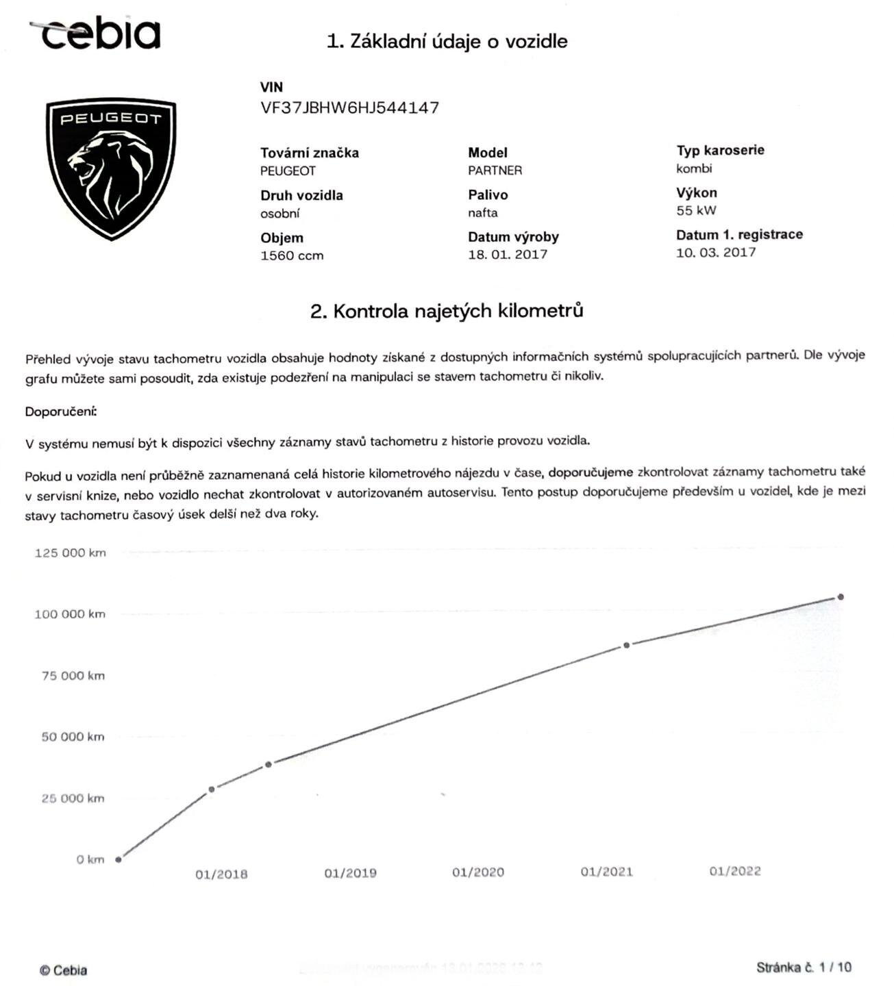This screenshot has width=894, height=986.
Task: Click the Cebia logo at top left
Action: click(x=96, y=33)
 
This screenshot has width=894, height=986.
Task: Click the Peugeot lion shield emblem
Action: click(x=111, y=168)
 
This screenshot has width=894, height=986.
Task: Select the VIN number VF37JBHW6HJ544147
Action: click(x=349, y=108)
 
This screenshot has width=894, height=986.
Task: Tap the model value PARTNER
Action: click(x=495, y=170)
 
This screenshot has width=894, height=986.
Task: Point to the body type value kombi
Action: click(x=694, y=168)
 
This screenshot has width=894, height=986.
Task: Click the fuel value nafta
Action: click(x=483, y=213)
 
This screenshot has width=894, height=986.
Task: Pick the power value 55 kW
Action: click(x=696, y=211)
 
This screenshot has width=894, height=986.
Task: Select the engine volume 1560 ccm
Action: click(x=292, y=255)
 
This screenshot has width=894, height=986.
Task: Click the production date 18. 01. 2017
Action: click(x=508, y=255)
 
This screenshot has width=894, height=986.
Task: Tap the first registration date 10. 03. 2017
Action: click(x=716, y=252)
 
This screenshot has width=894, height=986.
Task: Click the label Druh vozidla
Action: click(x=301, y=195)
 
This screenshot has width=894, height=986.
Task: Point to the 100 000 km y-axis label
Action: click(x=70, y=614)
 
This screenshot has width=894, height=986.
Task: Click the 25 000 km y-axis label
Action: click(x=73, y=798)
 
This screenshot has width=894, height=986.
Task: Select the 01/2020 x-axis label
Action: click(x=478, y=872)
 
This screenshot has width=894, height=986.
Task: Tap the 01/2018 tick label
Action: click(x=221, y=874)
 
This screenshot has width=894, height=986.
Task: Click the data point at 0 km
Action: click(x=119, y=859)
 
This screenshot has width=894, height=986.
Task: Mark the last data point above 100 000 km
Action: click(x=841, y=597)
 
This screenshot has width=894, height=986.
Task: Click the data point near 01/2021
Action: click(x=626, y=645)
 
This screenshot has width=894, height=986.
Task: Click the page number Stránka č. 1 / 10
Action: click(x=804, y=968)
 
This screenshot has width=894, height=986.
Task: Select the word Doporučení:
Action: click(x=61, y=412)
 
